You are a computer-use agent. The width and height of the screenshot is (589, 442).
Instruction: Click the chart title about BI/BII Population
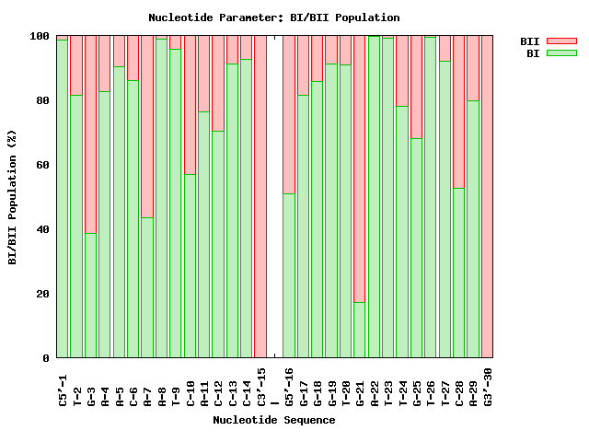[x=274, y=17]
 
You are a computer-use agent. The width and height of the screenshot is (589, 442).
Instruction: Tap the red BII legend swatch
[x=560, y=41]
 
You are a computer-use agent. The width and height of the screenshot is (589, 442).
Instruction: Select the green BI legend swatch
[x=560, y=53]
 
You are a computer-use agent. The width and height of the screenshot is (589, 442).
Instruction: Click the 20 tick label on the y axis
[x=41, y=294]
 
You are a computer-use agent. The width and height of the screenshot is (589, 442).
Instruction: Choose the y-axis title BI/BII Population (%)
[x=13, y=198]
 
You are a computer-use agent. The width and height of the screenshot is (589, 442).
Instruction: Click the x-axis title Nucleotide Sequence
[x=274, y=420]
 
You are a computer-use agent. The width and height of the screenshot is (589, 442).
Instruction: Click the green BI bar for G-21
[x=360, y=330]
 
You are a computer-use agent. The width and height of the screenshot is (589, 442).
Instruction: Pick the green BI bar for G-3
[x=91, y=295]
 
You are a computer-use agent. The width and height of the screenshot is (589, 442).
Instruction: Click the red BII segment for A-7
[x=147, y=126]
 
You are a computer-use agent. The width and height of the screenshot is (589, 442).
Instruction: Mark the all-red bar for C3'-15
[x=260, y=196]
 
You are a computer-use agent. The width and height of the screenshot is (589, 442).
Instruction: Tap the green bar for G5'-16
[x=289, y=275]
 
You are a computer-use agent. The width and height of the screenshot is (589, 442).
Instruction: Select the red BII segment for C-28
[x=459, y=111]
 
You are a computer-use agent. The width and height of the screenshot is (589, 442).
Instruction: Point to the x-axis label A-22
[x=375, y=388]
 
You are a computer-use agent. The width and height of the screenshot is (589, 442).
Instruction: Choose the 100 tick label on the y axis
[x=39, y=36]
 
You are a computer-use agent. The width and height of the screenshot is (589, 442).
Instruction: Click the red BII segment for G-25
[x=417, y=87]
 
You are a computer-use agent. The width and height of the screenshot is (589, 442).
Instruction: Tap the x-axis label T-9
[x=176, y=388]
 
